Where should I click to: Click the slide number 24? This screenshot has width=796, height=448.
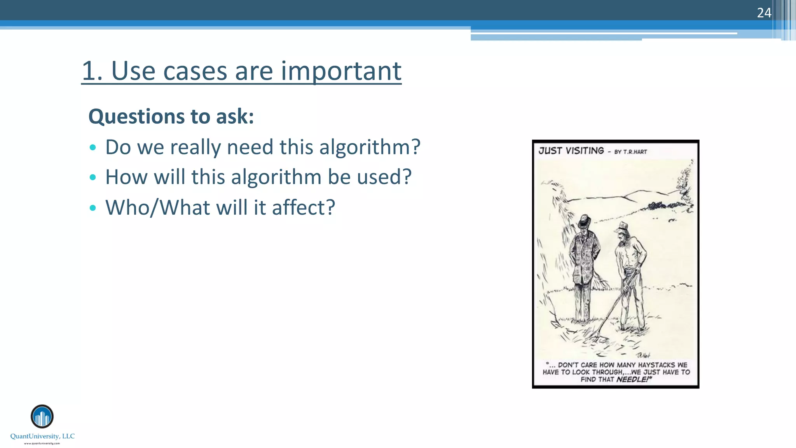(x=764, y=13)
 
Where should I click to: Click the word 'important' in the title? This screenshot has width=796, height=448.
(x=341, y=71)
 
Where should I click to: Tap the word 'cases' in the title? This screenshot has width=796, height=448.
(x=195, y=71)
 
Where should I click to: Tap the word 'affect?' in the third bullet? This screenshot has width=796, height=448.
(x=303, y=207)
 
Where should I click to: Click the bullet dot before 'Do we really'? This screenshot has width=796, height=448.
(x=93, y=148)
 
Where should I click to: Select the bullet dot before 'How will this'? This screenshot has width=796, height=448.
(x=93, y=178)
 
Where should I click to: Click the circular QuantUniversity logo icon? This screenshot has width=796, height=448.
(x=42, y=416)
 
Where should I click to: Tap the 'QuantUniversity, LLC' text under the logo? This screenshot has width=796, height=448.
(x=42, y=436)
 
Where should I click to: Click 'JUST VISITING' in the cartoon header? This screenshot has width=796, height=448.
(x=571, y=151)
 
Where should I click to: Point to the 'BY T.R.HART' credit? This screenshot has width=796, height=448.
(x=630, y=152)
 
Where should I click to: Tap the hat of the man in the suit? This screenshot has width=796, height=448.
(x=584, y=222)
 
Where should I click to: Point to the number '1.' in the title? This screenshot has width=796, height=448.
(x=92, y=71)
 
